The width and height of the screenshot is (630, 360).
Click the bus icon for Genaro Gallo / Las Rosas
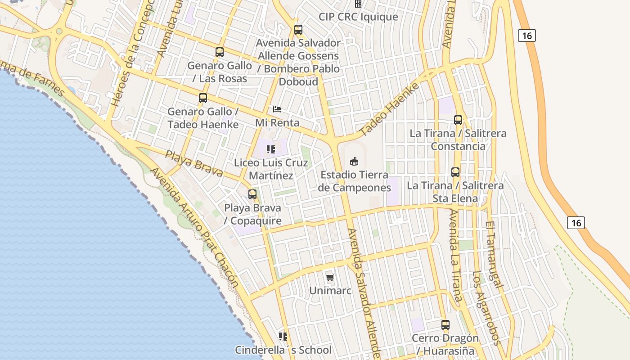(220, 52)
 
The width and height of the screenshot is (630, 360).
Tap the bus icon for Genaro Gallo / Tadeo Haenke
(203, 98)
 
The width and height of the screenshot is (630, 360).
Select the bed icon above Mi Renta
(277, 109)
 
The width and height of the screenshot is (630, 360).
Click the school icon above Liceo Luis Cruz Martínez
(271, 149)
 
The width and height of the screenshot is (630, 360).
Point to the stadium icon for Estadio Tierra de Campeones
(354, 161)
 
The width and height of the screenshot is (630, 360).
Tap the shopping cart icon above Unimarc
(330, 277)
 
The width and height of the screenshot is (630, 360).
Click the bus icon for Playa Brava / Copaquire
(252, 194)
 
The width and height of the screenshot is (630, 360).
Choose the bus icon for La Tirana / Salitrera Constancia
(458, 120)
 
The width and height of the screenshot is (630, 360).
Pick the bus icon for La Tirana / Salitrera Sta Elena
(455, 172)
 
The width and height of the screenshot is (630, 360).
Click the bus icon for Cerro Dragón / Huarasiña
(445, 325)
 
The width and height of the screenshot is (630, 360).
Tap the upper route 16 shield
(526, 35)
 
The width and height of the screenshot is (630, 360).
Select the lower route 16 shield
(576, 222)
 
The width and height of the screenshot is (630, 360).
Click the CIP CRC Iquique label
(358, 17)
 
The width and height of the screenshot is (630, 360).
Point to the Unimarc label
(330, 291)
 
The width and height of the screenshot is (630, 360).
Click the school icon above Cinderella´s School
(283, 337)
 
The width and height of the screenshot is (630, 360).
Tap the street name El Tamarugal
(494, 254)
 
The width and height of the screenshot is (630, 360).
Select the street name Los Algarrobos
(480, 308)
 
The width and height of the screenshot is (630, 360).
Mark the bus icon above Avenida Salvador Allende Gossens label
(298, 30)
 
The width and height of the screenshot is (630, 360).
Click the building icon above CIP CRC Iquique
(358, 4)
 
